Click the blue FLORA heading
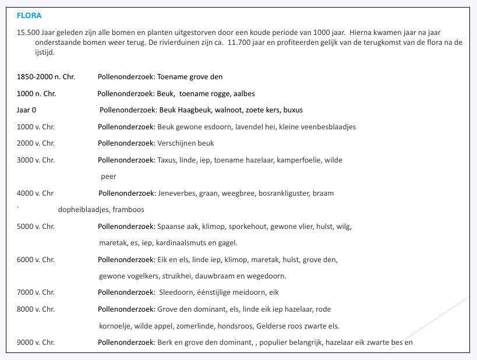tap(29, 15)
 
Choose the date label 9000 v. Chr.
tap(36, 343)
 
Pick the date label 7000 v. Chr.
tap(36, 292)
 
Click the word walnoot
tap(225, 110)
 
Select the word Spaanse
tap(171, 227)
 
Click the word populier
tap(274, 343)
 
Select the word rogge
tap(215, 94)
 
